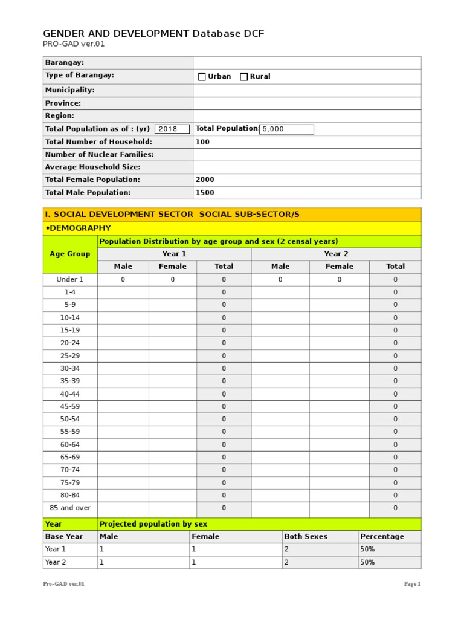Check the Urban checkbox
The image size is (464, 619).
[x=202, y=77]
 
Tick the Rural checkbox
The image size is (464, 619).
[x=244, y=77]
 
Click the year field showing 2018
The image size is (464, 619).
[x=172, y=129]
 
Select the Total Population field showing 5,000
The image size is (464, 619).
[x=286, y=129]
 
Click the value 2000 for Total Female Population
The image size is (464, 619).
[x=205, y=180]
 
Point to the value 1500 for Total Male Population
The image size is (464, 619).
[x=205, y=193]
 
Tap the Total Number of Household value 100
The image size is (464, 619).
[x=202, y=142]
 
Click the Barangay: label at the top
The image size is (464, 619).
[x=65, y=62]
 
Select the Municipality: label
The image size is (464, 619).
[x=70, y=90]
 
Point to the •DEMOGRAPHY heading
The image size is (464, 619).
[x=79, y=228]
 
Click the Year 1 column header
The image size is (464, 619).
[x=174, y=254]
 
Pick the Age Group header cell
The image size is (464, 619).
[x=70, y=254]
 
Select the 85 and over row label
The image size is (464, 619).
[x=70, y=508]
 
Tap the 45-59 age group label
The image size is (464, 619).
[x=70, y=406]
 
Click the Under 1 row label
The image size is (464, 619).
[x=70, y=279]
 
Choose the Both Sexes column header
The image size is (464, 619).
[x=306, y=536]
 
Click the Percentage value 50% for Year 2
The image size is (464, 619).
[x=367, y=562]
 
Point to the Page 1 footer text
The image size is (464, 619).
[x=412, y=584]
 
